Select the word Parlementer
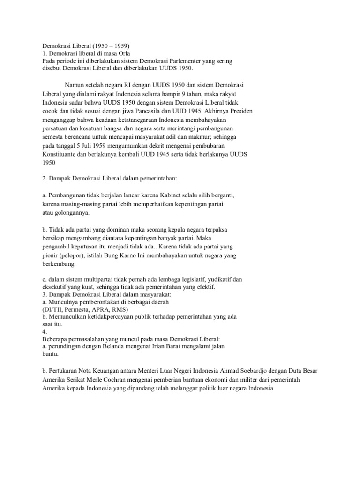coord(185,61)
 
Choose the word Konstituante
coord(60,154)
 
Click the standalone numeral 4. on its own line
coord(44,331)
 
